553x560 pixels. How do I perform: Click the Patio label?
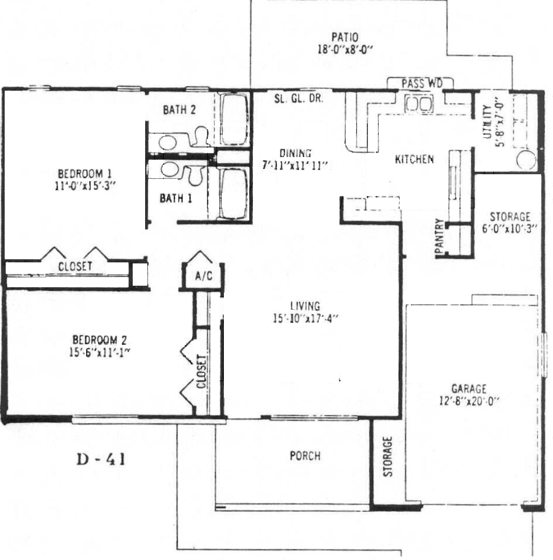pos(345,37)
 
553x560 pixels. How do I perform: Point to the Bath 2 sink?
pos(168,143)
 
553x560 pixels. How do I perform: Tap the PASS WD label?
pos(422,83)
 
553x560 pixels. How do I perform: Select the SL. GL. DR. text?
pos(299,99)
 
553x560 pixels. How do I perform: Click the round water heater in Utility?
pos(526,160)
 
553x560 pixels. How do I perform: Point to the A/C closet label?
pos(204,276)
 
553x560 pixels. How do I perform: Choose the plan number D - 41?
pos(101,459)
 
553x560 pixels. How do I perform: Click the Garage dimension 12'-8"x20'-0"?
pos(469,401)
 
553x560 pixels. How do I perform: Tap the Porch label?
pos(305,456)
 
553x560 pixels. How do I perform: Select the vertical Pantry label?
pos(439,236)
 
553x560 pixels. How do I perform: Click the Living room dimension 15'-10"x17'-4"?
pos(305,318)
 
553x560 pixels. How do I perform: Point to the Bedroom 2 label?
pos(99,340)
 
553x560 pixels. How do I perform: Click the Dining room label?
pos(295,153)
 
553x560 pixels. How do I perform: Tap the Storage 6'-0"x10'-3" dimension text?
pos(509,229)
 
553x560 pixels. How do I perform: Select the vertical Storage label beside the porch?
pos(388,456)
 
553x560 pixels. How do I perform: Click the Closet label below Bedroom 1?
pos(75,267)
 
